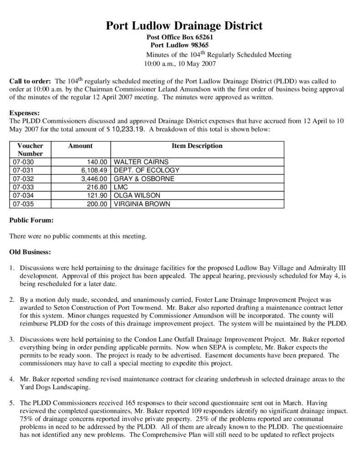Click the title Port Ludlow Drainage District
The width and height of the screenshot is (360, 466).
[184, 26]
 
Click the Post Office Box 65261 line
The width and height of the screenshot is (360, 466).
[180, 37]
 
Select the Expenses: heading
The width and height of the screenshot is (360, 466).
[25, 113]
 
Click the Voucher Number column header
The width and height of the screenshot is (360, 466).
[30, 150]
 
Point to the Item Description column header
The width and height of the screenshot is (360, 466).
[197, 146]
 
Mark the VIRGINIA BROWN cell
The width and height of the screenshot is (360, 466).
[142, 204]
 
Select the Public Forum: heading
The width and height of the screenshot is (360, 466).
[31, 221]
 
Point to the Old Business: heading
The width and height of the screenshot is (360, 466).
[30, 252]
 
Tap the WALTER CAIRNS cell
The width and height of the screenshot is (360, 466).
[141, 162]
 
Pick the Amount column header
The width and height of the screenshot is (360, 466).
[80, 146]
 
